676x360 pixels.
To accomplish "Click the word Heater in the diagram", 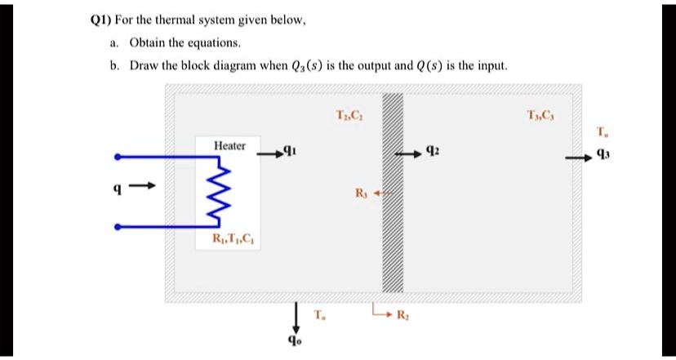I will tap(229, 145).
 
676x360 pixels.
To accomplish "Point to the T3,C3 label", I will tap(541, 113).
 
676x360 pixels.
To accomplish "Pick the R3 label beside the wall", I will tap(361, 193).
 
